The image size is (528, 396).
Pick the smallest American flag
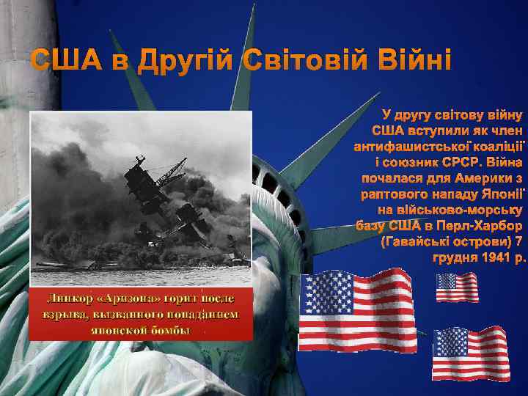pyautogui.click(x=457, y=287)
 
